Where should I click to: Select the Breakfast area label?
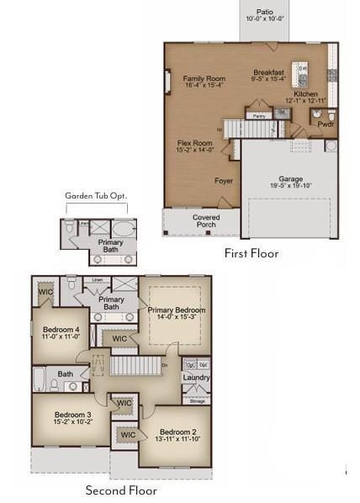point(269,72)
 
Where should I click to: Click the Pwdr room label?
point(325,123)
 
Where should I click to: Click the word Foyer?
point(199,180)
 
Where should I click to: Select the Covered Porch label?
point(205,220)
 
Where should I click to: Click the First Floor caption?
point(251,252)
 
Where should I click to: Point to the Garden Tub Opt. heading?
point(95,196)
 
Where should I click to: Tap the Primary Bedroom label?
point(177,310)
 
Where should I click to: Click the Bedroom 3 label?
point(71,414)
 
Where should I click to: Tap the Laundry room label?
point(196,378)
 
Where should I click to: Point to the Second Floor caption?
point(121,490)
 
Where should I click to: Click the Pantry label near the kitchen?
point(259,116)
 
